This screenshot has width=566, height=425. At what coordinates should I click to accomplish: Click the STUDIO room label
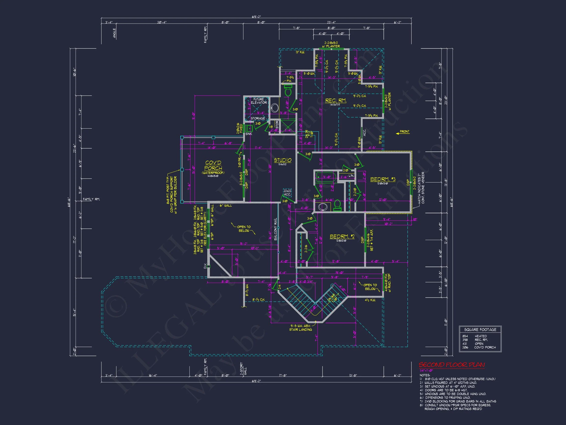(283, 160)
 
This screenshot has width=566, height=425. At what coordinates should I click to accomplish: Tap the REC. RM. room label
(336, 101)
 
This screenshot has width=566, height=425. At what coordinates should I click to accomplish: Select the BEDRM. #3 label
(383, 179)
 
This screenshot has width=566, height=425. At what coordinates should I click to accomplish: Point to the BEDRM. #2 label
(342, 236)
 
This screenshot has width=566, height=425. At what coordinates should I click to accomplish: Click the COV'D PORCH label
(213, 166)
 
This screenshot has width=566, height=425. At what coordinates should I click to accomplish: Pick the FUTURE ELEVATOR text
(259, 101)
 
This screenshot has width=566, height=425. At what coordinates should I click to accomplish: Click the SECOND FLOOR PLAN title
(452, 365)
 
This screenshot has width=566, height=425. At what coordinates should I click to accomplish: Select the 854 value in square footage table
(465, 336)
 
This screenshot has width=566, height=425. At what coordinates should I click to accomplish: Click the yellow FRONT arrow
(402, 132)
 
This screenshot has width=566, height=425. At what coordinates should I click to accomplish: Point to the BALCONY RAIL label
(276, 229)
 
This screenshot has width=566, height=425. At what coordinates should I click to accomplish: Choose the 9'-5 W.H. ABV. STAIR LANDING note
(300, 328)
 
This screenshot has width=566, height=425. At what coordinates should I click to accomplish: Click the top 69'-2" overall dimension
(256, 17)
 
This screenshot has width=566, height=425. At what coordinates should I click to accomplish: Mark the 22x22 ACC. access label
(287, 193)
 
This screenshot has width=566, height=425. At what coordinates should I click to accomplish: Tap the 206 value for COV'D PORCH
(465, 347)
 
